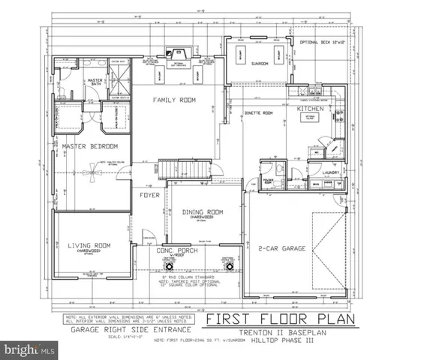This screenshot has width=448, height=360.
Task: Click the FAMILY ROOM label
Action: coord(174,100)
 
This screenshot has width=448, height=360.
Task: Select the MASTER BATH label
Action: coord(95,81)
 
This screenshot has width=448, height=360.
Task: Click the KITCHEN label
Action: coord(311,109)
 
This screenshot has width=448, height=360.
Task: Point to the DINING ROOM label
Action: coord(203,212)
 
